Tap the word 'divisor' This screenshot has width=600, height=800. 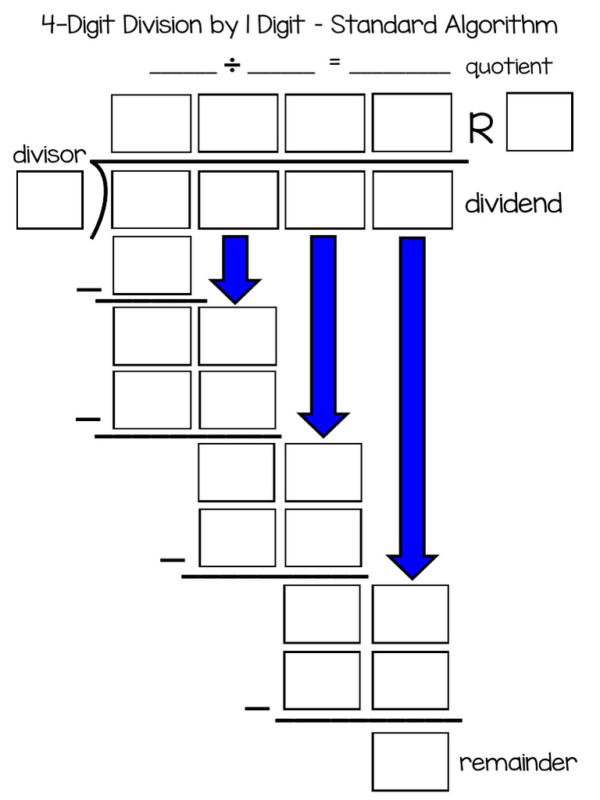pyautogui.click(x=48, y=155)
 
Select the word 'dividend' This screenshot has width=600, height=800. pyautogui.click(x=513, y=204)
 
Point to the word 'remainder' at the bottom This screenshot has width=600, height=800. pyautogui.click(x=518, y=762)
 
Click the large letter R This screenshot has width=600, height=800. pyautogui.click(x=481, y=130)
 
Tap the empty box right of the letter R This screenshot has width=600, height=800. pyautogui.click(x=539, y=122)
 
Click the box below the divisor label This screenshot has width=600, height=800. pyautogui.click(x=49, y=200)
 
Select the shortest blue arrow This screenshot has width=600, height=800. pyautogui.click(x=234, y=269)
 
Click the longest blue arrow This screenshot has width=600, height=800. pyautogui.click(x=412, y=406)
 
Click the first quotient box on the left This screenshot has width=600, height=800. pyautogui.click(x=152, y=123)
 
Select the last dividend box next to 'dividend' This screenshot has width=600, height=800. pyautogui.click(x=412, y=200)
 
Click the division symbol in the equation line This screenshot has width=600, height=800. pyautogui.click(x=232, y=67)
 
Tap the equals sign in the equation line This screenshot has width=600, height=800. pyautogui.click(x=334, y=64)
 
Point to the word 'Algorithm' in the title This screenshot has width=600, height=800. pyautogui.click(x=501, y=26)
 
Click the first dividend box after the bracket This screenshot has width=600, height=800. pyautogui.click(x=152, y=200)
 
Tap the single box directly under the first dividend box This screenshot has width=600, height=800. pyautogui.click(x=152, y=265)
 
